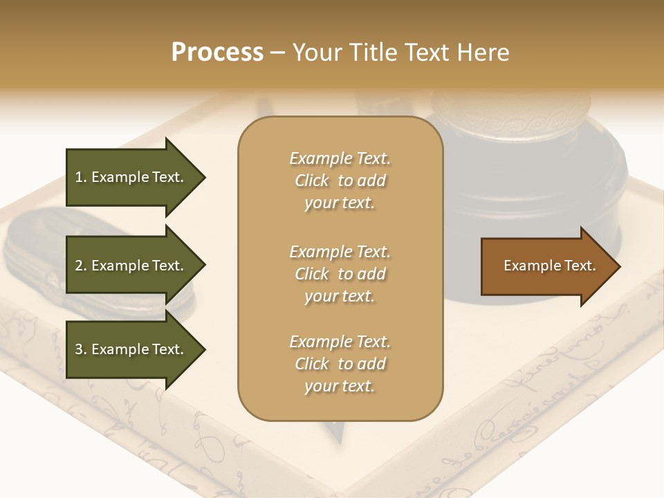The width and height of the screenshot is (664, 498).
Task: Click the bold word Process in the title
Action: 217,53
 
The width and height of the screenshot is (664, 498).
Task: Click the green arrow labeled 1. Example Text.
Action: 131,177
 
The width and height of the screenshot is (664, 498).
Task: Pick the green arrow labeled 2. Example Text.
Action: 131,266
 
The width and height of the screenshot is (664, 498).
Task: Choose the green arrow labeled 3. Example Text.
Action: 131,349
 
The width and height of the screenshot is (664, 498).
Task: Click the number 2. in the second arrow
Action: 81,266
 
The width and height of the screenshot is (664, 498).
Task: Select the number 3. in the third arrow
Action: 81,349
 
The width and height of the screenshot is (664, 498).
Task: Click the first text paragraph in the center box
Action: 340,181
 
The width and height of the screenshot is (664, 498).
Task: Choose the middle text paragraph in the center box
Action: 340,274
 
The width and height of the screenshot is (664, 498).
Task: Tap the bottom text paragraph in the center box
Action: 340,364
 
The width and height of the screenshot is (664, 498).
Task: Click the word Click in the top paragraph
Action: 312,181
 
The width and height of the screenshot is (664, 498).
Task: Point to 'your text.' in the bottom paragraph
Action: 340,386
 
